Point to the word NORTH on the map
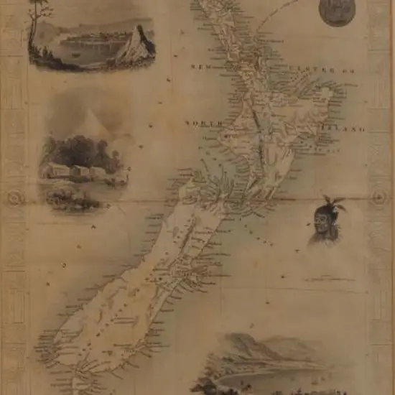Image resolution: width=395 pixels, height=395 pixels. pos(198,124)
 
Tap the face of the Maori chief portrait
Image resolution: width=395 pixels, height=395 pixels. pos(323,223)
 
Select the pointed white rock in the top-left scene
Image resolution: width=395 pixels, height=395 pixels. pos(137,47)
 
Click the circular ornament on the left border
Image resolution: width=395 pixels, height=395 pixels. pos(14,198)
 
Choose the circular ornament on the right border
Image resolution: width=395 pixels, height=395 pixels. pos(379,197)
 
